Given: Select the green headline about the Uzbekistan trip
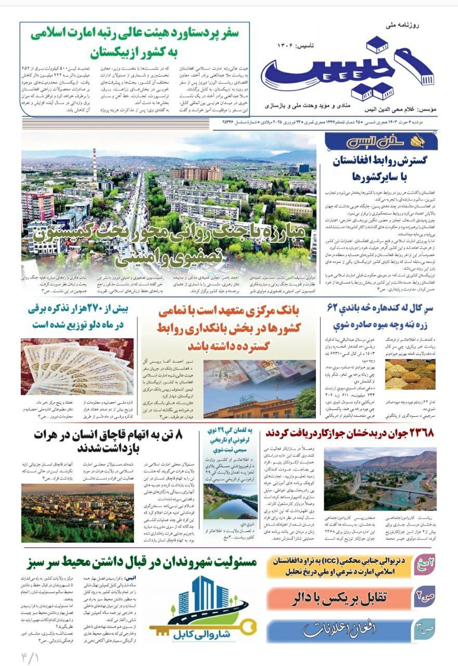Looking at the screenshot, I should (134, 43).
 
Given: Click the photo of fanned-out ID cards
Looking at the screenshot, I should (77, 366).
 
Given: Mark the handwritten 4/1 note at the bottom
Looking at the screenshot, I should (31, 655).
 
